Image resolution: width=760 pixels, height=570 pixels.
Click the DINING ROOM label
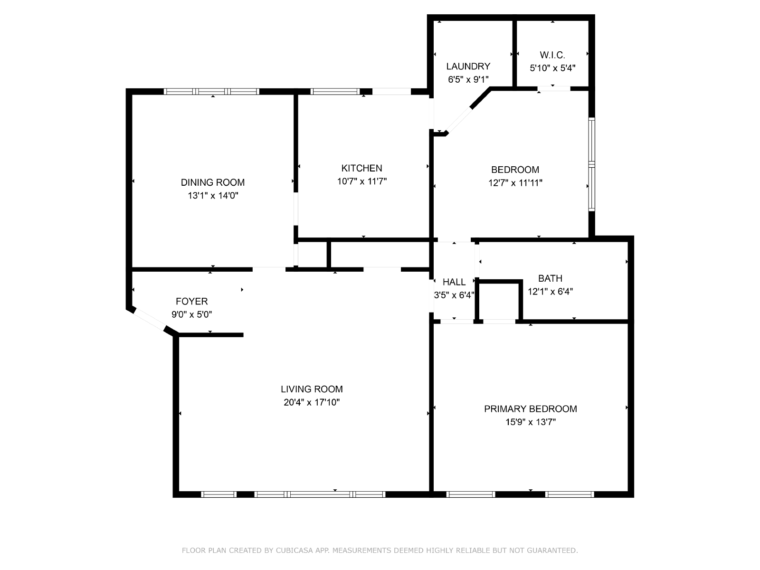point(213,182)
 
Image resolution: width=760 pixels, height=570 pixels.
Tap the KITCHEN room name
point(362,168)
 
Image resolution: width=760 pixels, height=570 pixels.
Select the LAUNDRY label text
point(468,66)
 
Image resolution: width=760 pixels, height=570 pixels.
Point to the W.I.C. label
point(552,55)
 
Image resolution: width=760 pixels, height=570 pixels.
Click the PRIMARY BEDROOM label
point(531,408)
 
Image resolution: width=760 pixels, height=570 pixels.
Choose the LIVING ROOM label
point(312,389)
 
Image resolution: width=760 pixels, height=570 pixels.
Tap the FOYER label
point(191,302)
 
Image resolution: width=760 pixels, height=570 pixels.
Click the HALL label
point(454,282)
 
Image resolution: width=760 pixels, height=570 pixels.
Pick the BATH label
point(550,278)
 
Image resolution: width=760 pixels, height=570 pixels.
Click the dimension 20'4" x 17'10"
point(312,402)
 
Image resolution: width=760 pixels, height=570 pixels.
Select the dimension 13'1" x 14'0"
point(213,196)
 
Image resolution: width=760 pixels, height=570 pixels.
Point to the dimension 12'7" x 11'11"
point(515,183)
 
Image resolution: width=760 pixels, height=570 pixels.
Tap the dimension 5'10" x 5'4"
point(552,68)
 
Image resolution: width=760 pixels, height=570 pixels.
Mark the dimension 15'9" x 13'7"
point(531,422)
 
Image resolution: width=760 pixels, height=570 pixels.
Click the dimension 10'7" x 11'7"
point(362,181)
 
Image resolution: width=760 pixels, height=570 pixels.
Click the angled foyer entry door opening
point(150,319)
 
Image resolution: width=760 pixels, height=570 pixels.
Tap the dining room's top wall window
point(211,92)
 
